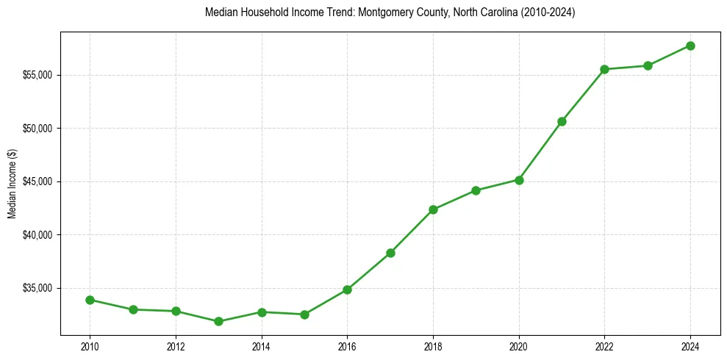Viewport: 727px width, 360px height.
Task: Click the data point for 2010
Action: [x=90, y=300]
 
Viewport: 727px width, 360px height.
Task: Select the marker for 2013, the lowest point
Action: [x=218, y=321]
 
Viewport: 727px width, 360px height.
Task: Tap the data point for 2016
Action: [x=347, y=289]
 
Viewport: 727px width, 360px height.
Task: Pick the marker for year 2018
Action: [x=433, y=209]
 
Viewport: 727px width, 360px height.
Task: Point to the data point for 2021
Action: [x=562, y=121]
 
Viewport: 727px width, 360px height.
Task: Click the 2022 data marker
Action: [x=604, y=69]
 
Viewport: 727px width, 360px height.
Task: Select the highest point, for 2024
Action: [x=690, y=46]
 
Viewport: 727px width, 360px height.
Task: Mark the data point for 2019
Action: [x=476, y=190]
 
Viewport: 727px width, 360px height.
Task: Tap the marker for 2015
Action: [x=304, y=314]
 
